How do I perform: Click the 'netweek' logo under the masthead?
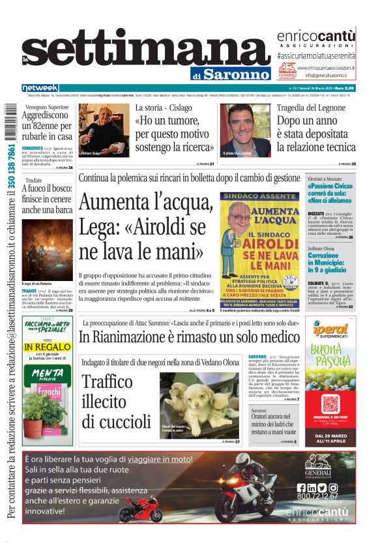pos(40,87)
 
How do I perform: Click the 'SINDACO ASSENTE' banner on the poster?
pos(259,196)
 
